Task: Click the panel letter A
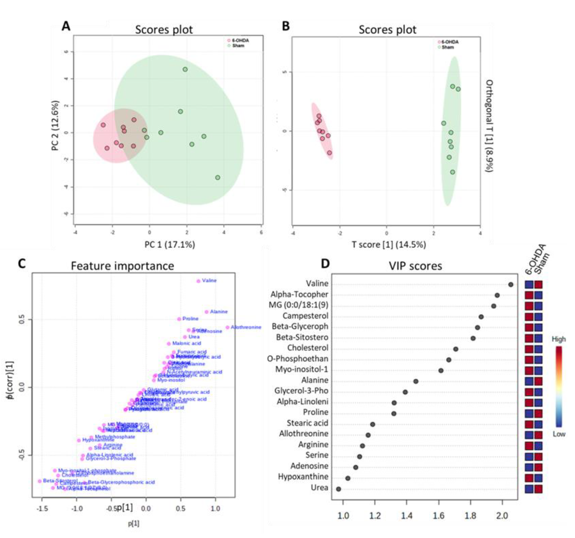click(66, 26)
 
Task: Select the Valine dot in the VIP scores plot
click(511, 285)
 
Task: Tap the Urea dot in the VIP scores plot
click(338, 489)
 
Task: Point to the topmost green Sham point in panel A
click(185, 69)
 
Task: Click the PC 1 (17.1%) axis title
click(170, 245)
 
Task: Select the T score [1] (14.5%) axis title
click(389, 245)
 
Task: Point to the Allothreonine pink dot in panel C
click(227, 327)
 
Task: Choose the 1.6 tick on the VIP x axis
click(439, 516)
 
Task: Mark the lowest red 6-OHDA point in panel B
click(329, 153)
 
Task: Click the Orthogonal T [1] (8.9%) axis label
click(489, 126)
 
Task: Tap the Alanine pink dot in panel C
click(206, 312)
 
